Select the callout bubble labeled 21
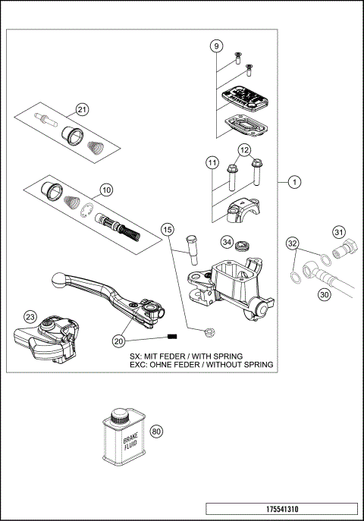82,109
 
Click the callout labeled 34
227,242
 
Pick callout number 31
339,232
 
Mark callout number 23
30,317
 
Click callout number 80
156,432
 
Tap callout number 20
118,341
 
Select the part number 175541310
281,508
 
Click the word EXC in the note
140,365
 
